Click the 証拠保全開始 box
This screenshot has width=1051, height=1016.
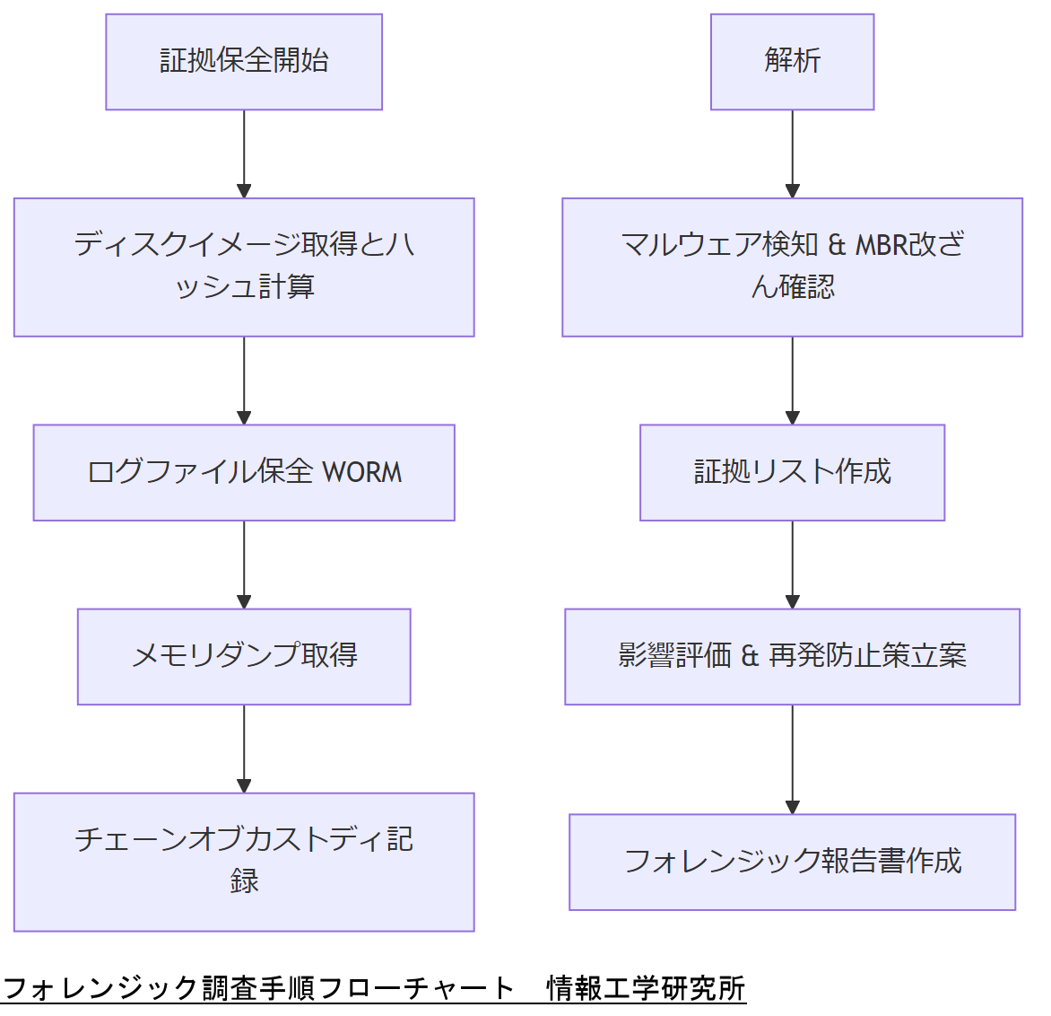(244, 62)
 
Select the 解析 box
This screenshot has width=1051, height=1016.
(792, 62)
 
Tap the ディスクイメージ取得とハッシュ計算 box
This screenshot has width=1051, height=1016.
(244, 267)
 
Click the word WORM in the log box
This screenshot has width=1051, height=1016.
(362, 472)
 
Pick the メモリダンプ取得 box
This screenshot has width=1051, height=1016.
(244, 656)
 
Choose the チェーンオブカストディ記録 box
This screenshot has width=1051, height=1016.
(244, 861)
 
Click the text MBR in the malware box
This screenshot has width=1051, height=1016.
(880, 244)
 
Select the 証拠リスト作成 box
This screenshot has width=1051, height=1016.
(792, 472)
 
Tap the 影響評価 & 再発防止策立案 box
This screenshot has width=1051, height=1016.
(792, 656)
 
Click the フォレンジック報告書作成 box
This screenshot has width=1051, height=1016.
(792, 862)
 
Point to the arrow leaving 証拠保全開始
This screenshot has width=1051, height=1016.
(244, 153)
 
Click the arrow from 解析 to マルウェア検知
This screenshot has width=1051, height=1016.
(792, 153)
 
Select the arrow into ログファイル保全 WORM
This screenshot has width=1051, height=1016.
(244, 380)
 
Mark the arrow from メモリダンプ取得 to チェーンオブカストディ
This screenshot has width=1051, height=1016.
(244, 748)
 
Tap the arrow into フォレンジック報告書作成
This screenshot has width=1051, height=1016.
(792, 758)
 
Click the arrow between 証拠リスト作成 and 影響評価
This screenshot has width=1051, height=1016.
(792, 564)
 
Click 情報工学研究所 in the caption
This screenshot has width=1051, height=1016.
(646, 988)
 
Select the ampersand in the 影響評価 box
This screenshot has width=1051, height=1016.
(750, 656)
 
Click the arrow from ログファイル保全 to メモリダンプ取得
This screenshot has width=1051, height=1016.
(244, 564)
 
